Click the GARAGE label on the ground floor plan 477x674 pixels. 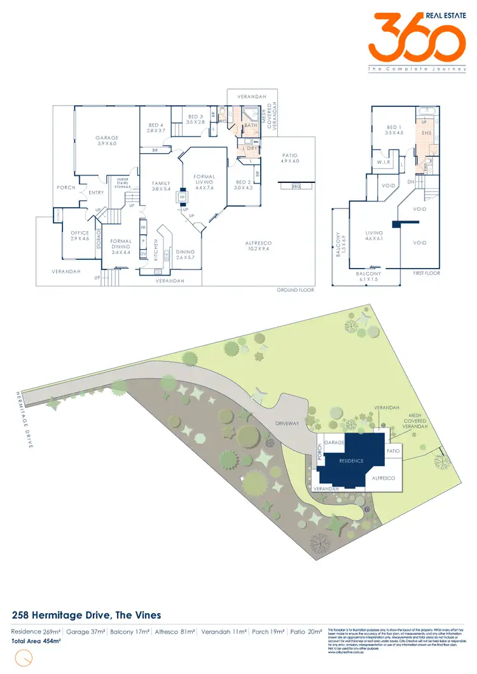pos(107,138)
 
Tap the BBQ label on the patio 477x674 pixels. pos(296,187)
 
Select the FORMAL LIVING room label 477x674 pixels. pos(204,180)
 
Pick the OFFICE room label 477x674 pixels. pos(80,233)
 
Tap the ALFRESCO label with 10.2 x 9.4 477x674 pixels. pos(258,245)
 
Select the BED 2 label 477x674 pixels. pos(243,166)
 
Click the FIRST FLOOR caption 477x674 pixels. pos(426,273)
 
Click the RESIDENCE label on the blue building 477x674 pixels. pos(351,461)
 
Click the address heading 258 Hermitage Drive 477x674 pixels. pos(86,615)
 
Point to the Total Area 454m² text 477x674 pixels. pos(37,642)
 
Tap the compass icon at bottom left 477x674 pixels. pos(23,659)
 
